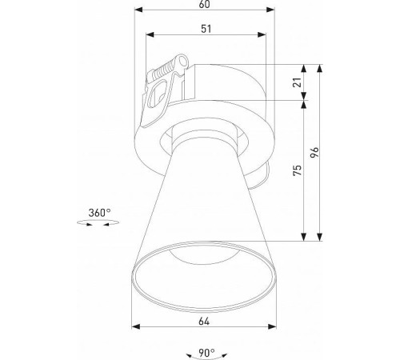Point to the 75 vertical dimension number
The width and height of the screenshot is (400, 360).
click(298, 171)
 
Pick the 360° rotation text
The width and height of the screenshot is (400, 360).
click(99, 213)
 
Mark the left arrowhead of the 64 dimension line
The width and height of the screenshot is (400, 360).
click(135, 326)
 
